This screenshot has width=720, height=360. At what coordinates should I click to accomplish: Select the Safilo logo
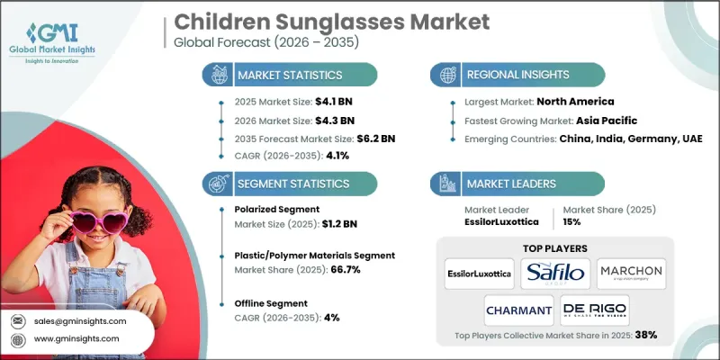click(555, 270)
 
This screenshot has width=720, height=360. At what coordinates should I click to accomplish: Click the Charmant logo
click(518, 310)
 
